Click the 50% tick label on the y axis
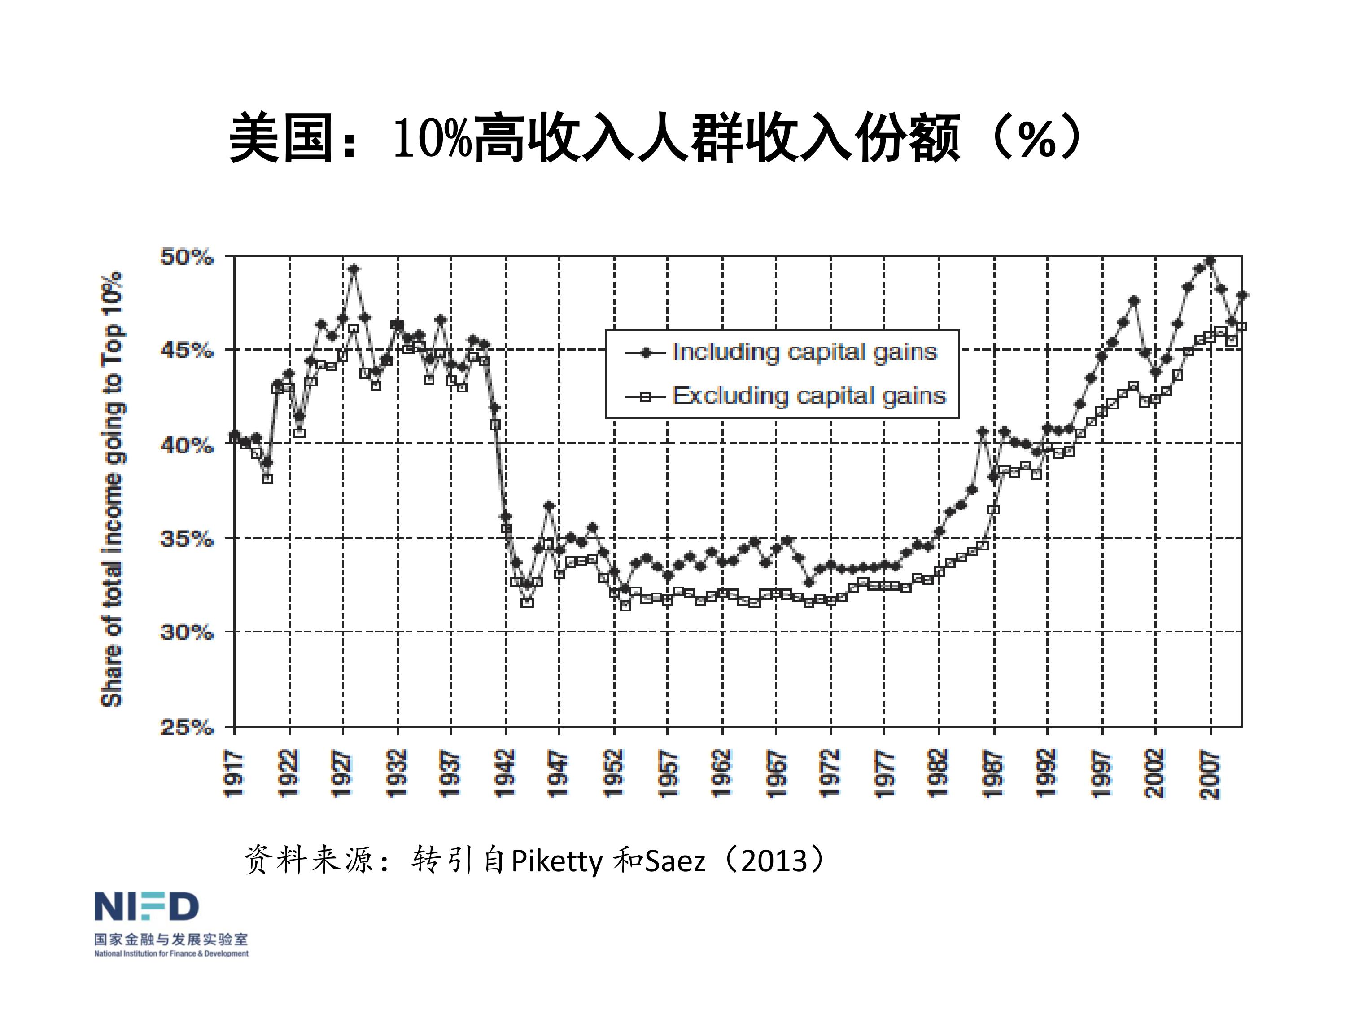coord(187,257)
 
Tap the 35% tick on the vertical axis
coord(187,539)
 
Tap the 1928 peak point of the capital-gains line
coord(354,268)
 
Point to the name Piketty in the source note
coord(557,861)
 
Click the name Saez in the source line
coord(675,861)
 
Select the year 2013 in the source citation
coord(774,861)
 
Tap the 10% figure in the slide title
coord(433,138)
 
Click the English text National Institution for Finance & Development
coord(171,953)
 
